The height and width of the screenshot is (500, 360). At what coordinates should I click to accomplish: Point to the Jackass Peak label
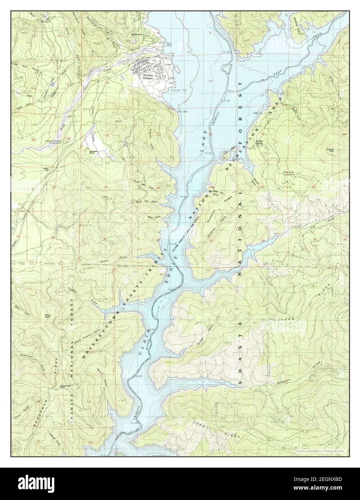tap(331, 150)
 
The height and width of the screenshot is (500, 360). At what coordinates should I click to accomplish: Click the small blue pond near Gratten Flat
tap(53, 84)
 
